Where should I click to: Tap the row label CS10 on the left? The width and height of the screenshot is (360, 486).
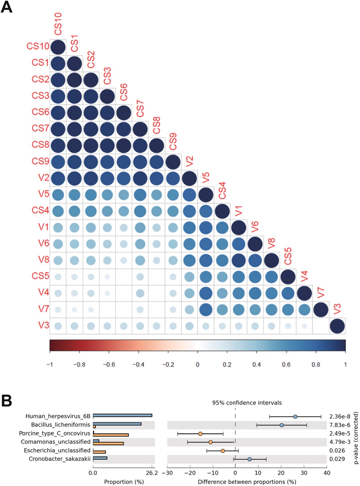(38, 46)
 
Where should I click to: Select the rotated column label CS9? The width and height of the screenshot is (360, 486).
(173, 142)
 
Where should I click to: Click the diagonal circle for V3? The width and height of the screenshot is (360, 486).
(337, 326)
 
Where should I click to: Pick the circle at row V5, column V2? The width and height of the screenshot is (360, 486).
(189, 195)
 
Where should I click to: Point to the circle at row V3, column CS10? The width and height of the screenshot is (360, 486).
(58, 326)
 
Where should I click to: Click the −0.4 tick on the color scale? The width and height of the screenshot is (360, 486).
(138, 365)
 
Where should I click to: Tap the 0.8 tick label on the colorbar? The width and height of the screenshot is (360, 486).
(316, 365)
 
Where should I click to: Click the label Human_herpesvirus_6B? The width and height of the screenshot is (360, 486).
(58, 416)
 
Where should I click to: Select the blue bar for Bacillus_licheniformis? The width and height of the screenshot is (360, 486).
(117, 424)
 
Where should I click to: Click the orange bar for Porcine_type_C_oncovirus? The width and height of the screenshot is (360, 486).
(111, 435)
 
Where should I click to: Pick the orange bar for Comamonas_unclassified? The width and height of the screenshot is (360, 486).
(108, 443)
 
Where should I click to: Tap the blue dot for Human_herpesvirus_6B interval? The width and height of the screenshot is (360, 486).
(295, 417)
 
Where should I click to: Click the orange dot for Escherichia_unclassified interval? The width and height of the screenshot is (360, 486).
(223, 451)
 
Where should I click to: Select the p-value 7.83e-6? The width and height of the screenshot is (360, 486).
(340, 425)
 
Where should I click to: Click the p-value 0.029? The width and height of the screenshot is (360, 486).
(337, 459)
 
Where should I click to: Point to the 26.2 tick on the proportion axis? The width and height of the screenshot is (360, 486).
(152, 473)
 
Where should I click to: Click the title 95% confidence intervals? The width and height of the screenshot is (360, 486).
(247, 403)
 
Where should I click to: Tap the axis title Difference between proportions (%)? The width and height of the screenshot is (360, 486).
(247, 482)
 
